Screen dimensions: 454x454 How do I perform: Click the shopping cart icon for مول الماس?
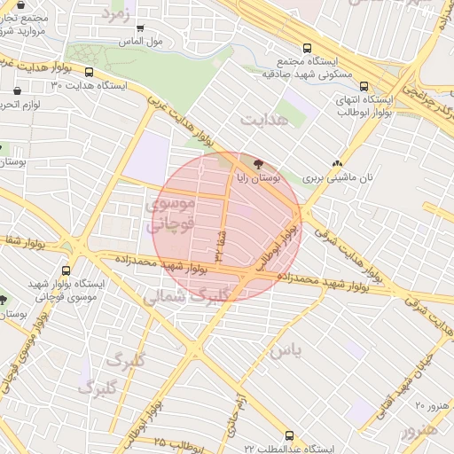(141, 27)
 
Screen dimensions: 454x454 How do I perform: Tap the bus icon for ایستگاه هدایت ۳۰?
(90, 72)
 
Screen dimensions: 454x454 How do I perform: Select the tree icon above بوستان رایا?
(258, 163)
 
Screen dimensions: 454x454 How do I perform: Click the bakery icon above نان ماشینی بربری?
(337, 163)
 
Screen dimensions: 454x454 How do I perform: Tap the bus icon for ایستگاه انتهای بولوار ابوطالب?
(364, 86)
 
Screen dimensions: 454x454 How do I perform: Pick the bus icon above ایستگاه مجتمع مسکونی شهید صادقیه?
(307, 49)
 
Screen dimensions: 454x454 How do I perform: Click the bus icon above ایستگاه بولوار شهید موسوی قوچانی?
(67, 270)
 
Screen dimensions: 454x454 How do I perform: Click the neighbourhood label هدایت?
(264, 117)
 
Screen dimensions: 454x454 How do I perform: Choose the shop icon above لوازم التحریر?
(18, 90)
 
